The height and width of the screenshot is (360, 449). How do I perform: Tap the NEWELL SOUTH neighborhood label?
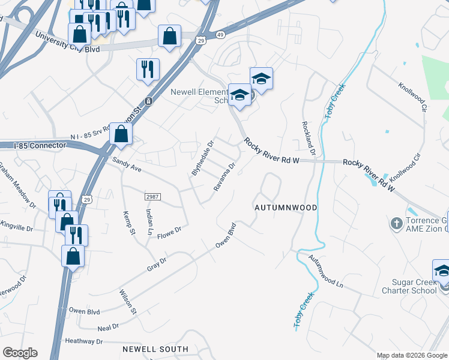coord(155,349)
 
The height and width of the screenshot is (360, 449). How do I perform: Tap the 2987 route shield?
coord(152,197)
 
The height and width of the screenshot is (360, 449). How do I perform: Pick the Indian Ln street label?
coord(148,221)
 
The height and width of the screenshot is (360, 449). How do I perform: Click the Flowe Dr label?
coord(169,231)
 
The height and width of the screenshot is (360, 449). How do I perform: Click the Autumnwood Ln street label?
coord(325,271)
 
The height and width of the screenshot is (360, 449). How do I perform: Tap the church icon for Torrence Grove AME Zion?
coord(396,224)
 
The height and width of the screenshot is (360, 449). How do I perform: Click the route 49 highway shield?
coord(221,35)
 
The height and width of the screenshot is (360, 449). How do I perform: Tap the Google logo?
coord(20,352)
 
